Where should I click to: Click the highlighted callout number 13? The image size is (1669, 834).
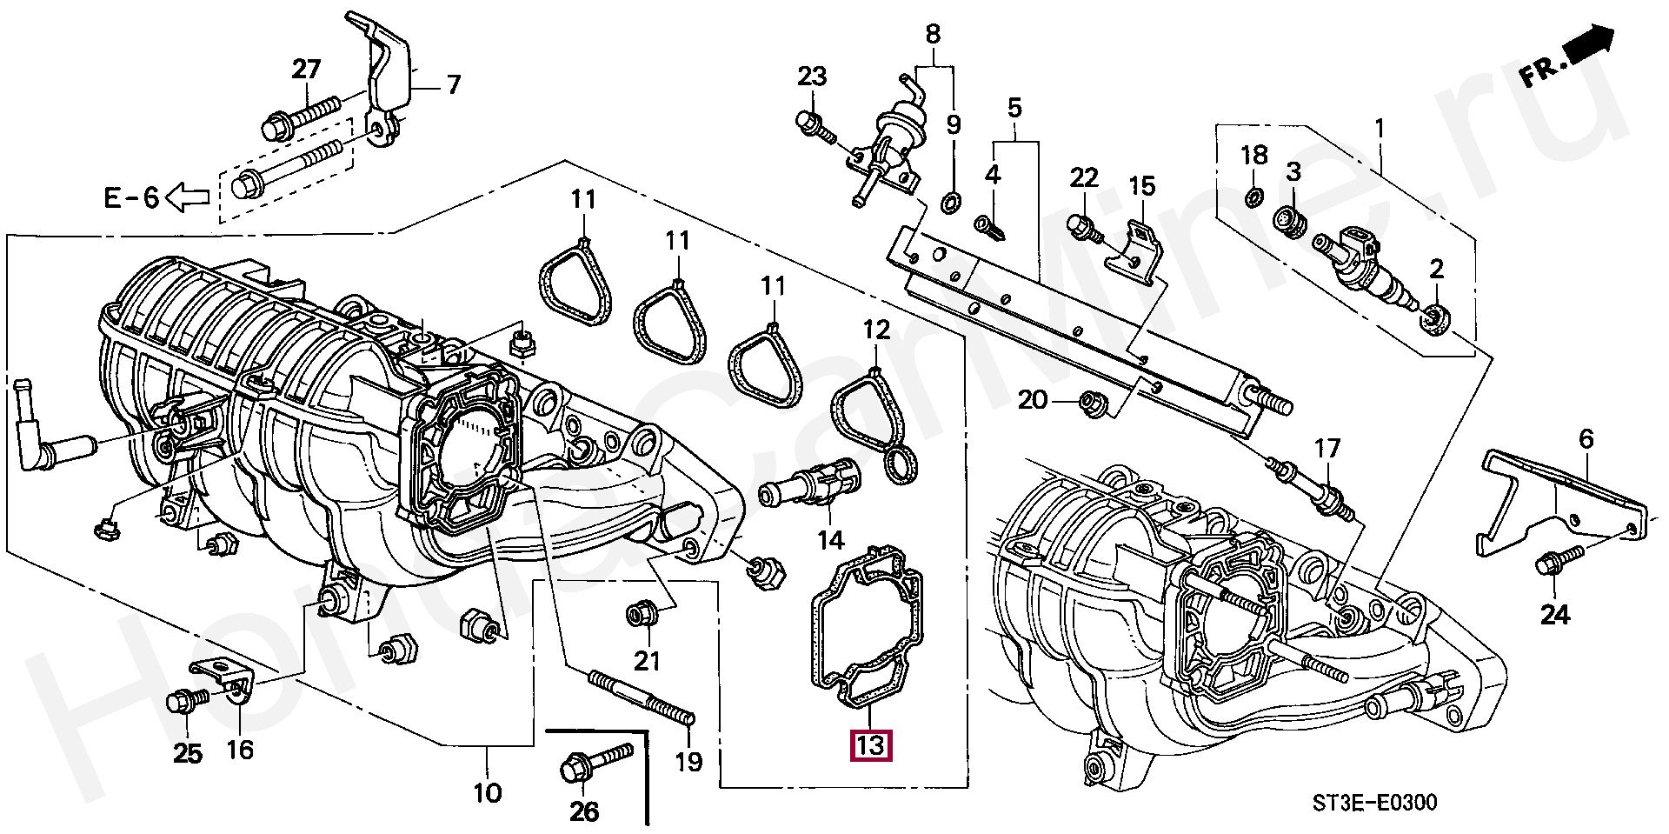pos(870,745)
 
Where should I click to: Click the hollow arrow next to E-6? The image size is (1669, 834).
pos(188,197)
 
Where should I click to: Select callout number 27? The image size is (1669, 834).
pos(306,70)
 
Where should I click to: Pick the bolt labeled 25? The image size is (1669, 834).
pos(186,700)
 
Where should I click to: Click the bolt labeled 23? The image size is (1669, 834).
pos(815,128)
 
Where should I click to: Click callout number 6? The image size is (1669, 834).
pos(1586,440)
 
